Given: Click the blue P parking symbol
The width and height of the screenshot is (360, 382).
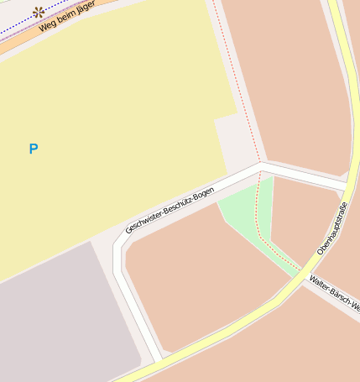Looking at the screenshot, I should (x=34, y=149).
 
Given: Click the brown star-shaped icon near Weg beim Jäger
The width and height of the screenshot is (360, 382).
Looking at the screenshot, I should (x=39, y=12).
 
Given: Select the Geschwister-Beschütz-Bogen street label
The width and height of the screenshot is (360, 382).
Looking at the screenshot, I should (x=170, y=210).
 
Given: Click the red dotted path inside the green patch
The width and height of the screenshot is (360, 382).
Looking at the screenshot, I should (x=260, y=227).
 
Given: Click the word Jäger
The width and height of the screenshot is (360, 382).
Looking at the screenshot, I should (x=85, y=8).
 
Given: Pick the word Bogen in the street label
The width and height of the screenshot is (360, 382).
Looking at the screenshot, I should (x=203, y=191).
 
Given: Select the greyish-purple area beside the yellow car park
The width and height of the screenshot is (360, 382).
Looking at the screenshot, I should (x=59, y=319).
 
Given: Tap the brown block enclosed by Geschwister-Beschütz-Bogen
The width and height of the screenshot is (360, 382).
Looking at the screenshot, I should (x=201, y=277).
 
